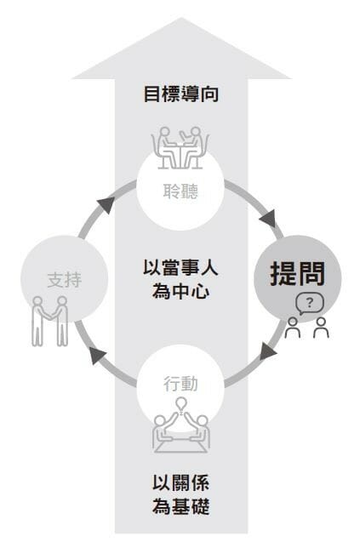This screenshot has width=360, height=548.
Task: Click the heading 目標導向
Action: (181, 94)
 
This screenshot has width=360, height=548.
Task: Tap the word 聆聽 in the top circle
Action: (180, 191)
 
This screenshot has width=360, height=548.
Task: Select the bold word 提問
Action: (297, 273)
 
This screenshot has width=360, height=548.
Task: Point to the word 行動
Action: (180, 384)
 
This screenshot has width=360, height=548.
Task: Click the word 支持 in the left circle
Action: (65, 280)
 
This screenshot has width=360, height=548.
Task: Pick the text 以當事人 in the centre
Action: (180, 268)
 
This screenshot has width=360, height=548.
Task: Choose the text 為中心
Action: (180, 291)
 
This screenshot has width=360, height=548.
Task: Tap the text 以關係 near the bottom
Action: (180, 483)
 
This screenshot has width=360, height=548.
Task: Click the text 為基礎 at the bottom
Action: (180, 506)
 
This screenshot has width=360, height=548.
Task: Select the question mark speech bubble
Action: (310, 304)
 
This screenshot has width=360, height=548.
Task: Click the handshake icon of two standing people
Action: (50, 322)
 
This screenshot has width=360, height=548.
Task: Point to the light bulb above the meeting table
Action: (180, 405)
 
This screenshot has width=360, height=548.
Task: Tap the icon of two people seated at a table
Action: (180, 148)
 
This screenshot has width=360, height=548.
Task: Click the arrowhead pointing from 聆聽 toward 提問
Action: (269, 219)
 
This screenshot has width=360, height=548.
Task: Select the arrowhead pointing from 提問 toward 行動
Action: (268, 351)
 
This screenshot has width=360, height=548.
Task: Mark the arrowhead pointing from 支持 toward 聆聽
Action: (106, 204)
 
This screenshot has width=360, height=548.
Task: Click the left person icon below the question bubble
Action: (293, 328)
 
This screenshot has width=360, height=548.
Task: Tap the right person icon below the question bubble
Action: (321, 328)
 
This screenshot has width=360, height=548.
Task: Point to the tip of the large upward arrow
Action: (181, 18)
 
